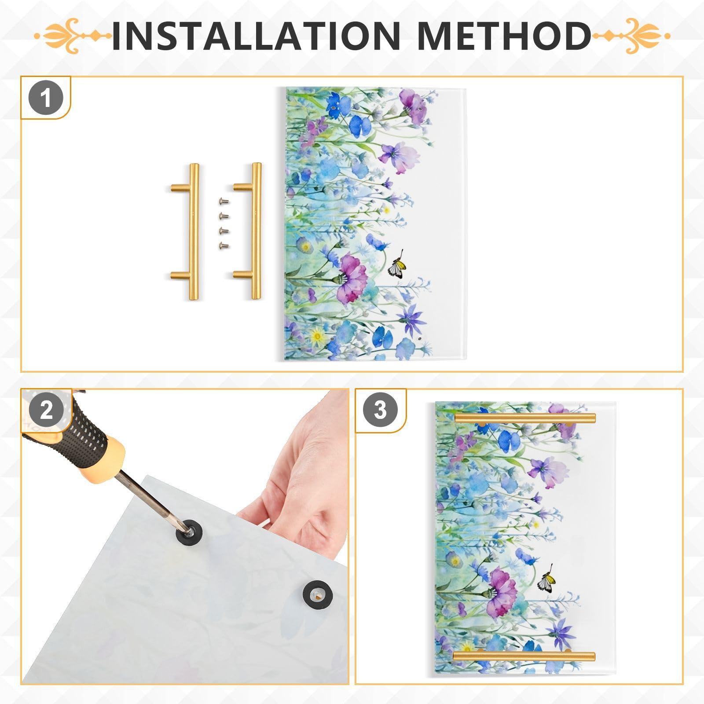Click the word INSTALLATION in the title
(255, 35)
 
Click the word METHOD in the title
(504, 35)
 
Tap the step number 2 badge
(46, 410)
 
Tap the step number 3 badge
(380, 410)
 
